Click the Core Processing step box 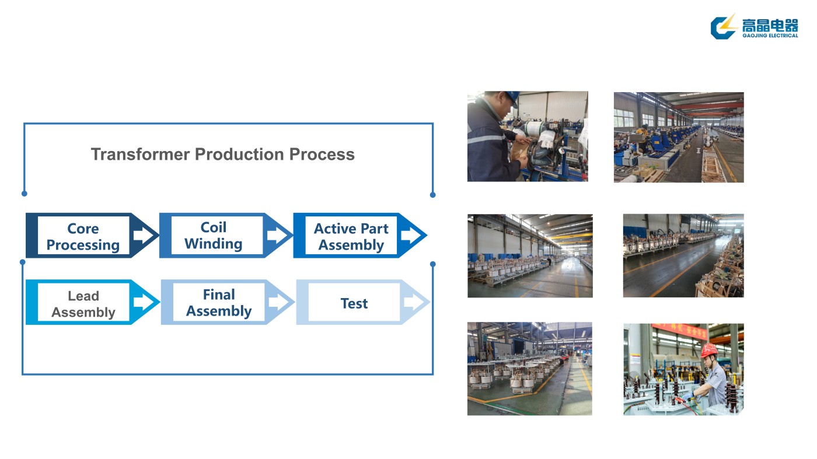[x=83, y=236]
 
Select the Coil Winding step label [x=214, y=236]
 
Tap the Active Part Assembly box [x=351, y=236]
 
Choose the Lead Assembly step [x=83, y=304]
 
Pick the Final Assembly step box [x=218, y=303]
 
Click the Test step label [x=354, y=303]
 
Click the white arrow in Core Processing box [x=142, y=236]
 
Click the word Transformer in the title [x=140, y=155]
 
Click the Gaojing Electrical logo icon [x=724, y=27]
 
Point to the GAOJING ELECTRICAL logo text [x=770, y=36]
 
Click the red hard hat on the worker [x=708, y=350]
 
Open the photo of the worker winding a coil [x=528, y=136]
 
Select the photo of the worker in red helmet [x=683, y=369]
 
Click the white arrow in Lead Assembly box [x=142, y=302]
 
